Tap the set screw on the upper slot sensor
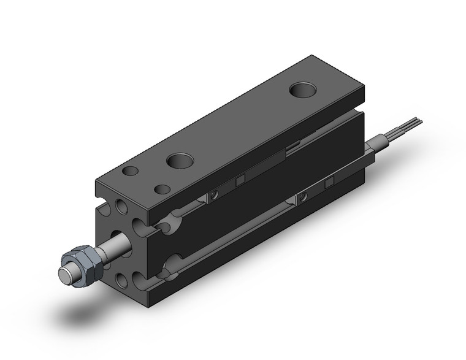point(214,195)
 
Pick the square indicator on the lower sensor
point(329,182)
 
